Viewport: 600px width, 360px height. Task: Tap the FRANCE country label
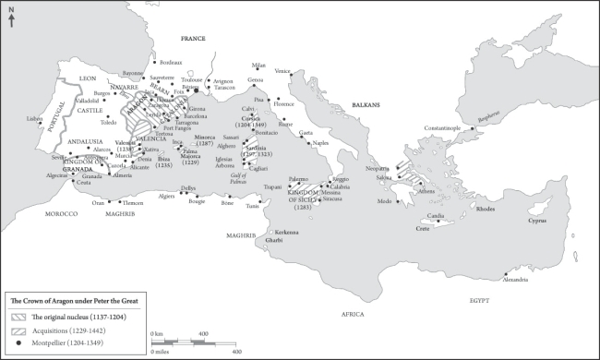tap(192, 38)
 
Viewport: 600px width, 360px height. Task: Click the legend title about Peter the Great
tap(62, 301)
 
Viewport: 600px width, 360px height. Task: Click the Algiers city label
tap(166, 196)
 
